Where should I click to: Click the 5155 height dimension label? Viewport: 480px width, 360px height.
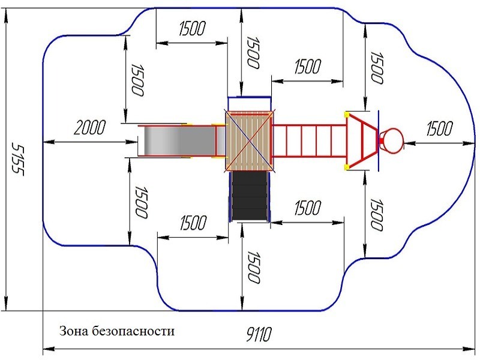(x=17, y=160)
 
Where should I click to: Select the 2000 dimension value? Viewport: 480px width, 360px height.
(x=89, y=127)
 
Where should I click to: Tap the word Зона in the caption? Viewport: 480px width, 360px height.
(x=73, y=331)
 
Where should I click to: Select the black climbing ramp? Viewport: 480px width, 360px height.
(x=250, y=196)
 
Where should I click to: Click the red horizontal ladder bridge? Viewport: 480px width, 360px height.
(x=308, y=141)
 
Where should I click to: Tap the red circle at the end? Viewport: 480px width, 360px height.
(x=392, y=140)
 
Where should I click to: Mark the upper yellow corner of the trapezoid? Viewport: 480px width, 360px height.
(x=347, y=114)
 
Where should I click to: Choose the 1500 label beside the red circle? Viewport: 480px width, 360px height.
(x=439, y=128)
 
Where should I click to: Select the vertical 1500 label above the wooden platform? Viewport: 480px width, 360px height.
(x=253, y=52)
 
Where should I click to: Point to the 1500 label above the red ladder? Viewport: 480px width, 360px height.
(x=307, y=66)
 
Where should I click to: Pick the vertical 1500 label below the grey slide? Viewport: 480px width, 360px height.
(x=141, y=202)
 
